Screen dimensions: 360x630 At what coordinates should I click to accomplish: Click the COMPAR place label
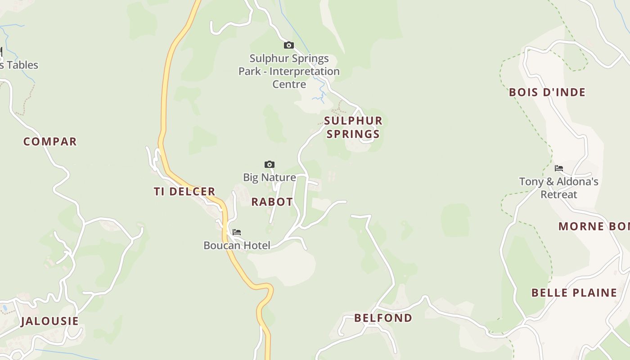coord(50,142)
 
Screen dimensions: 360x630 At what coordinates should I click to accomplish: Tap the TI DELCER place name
coord(184,192)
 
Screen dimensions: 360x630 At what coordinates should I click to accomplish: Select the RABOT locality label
coord(272,202)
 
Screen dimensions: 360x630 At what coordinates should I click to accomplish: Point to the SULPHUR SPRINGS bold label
coord(353,127)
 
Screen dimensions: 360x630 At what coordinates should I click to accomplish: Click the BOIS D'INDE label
coord(547,93)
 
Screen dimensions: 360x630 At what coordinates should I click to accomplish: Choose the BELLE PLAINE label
coord(574,293)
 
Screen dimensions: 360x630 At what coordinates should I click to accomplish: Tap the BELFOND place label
coord(383,318)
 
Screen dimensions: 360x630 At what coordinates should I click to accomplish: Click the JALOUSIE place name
coord(49,321)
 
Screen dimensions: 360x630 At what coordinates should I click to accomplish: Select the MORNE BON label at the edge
coord(594,226)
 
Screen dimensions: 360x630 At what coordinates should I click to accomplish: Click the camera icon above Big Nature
coord(270,165)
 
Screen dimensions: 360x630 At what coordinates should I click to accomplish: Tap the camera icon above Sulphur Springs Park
coord(289,45)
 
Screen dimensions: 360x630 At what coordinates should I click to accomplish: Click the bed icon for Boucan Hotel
coord(237,232)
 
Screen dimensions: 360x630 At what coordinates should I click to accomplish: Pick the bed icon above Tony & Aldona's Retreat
coord(559,168)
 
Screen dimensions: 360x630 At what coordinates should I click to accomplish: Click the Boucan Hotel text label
coord(237,246)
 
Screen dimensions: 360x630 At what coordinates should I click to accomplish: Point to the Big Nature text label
coord(270,177)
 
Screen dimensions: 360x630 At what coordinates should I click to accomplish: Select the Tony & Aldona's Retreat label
coord(559,188)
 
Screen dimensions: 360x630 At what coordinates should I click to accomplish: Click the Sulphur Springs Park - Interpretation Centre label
coord(289,71)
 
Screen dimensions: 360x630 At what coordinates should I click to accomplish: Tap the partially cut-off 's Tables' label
coord(19,65)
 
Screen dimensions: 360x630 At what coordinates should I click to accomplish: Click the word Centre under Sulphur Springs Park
coord(289,84)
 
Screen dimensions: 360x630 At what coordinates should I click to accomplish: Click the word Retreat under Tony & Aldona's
coord(559,195)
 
